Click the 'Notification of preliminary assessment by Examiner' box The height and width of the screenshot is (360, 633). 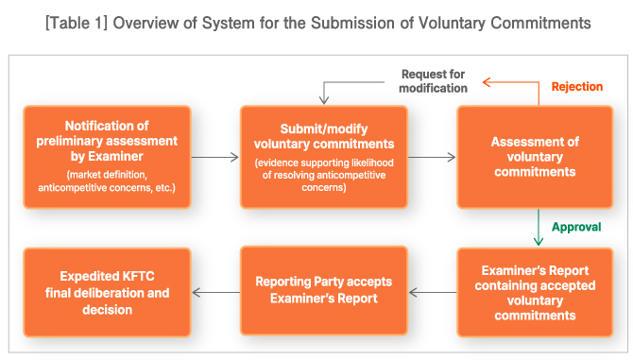(x=107, y=156)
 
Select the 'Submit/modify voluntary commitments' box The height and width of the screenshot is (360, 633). (x=323, y=156)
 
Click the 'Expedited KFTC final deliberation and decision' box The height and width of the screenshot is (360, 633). (x=107, y=293)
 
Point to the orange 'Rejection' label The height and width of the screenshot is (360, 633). (x=576, y=87)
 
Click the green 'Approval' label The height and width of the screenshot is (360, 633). (x=576, y=228)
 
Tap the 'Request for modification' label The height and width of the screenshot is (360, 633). (x=434, y=80)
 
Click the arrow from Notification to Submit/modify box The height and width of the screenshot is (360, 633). (x=215, y=158)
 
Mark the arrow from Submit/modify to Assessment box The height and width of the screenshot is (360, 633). (x=433, y=158)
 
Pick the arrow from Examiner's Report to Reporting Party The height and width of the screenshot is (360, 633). (x=433, y=293)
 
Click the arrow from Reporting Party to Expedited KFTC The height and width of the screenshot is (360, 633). (x=215, y=293)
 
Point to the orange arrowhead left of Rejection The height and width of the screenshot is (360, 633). (x=488, y=83)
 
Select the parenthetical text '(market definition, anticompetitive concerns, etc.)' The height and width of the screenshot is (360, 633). (x=107, y=181)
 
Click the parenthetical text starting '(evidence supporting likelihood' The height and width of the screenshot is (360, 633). (x=323, y=175)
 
